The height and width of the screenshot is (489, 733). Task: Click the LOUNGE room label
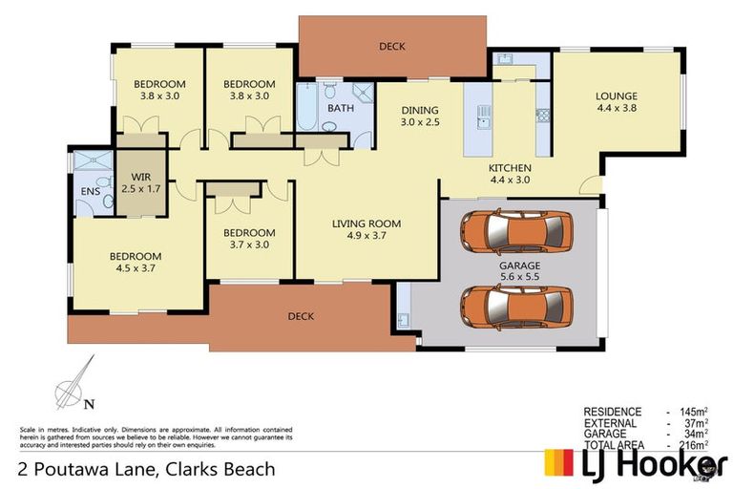(x=616, y=96)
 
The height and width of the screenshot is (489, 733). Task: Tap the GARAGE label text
(x=518, y=266)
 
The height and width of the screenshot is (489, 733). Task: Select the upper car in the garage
(x=516, y=229)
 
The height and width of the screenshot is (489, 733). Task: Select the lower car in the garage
(x=516, y=305)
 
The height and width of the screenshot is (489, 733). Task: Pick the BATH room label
(x=341, y=109)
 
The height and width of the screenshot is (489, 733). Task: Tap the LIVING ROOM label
(x=366, y=224)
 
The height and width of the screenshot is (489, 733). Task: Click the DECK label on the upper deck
(x=391, y=46)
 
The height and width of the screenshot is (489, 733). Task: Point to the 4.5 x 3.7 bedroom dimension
(x=135, y=268)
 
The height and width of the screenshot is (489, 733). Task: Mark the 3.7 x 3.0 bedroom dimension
(x=250, y=244)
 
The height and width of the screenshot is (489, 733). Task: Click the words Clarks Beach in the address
(x=221, y=469)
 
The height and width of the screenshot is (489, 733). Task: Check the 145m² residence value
(x=693, y=412)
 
